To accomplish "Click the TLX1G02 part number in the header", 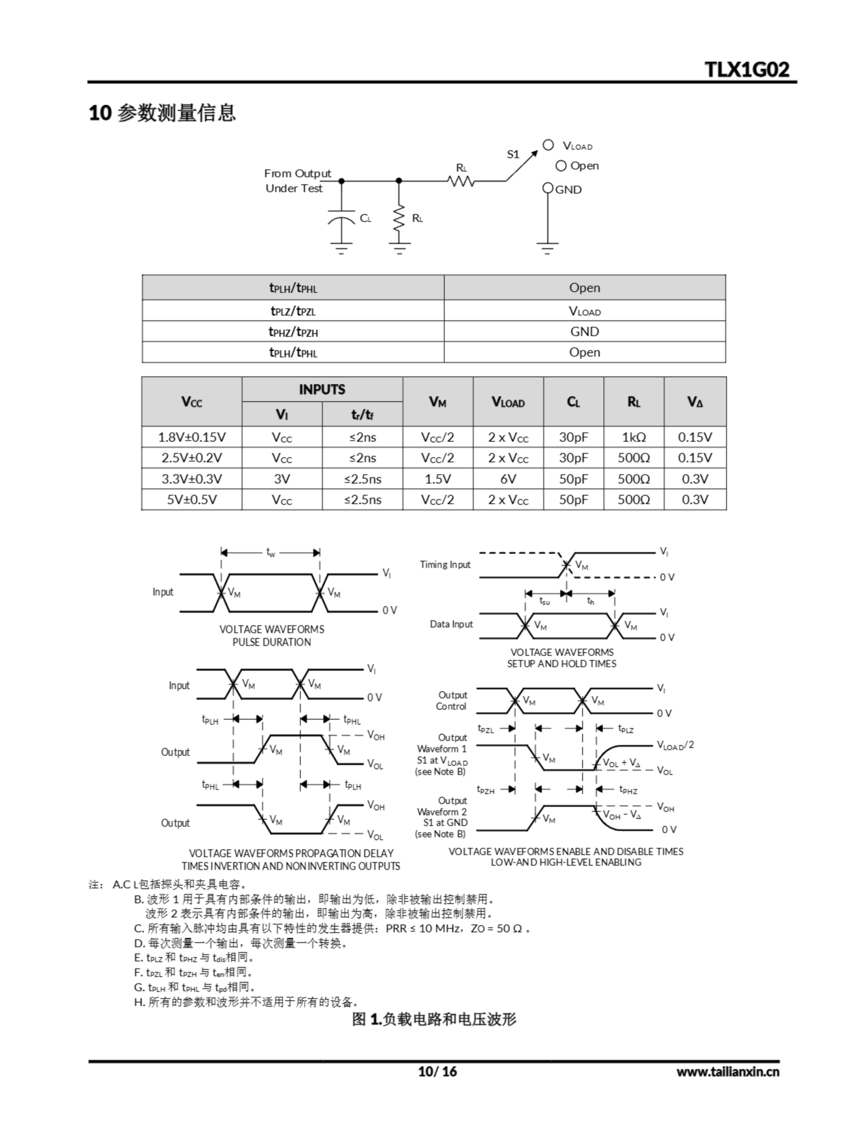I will point(746,69).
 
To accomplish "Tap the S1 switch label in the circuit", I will point(513,154).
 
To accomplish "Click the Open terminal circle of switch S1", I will point(561,165).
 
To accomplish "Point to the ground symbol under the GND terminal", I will point(548,248).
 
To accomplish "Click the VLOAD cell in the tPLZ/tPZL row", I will point(585,311).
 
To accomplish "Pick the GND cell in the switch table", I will point(585,332).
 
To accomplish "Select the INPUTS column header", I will point(322,389).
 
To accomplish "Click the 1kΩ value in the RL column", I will point(633,437).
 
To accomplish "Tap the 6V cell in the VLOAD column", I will point(508,479).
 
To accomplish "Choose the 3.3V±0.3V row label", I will point(191,479).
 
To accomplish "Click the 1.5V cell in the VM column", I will point(438,479).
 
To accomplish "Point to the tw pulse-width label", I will point(271,552).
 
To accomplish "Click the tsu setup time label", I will point(545,601).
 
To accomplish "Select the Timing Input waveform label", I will point(445,565).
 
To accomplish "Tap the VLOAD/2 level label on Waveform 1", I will point(675,745).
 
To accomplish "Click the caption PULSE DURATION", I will point(272,642).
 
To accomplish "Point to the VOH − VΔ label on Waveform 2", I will point(621,815).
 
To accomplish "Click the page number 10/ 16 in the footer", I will point(438,1072).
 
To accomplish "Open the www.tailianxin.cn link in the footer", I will point(728,1072).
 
